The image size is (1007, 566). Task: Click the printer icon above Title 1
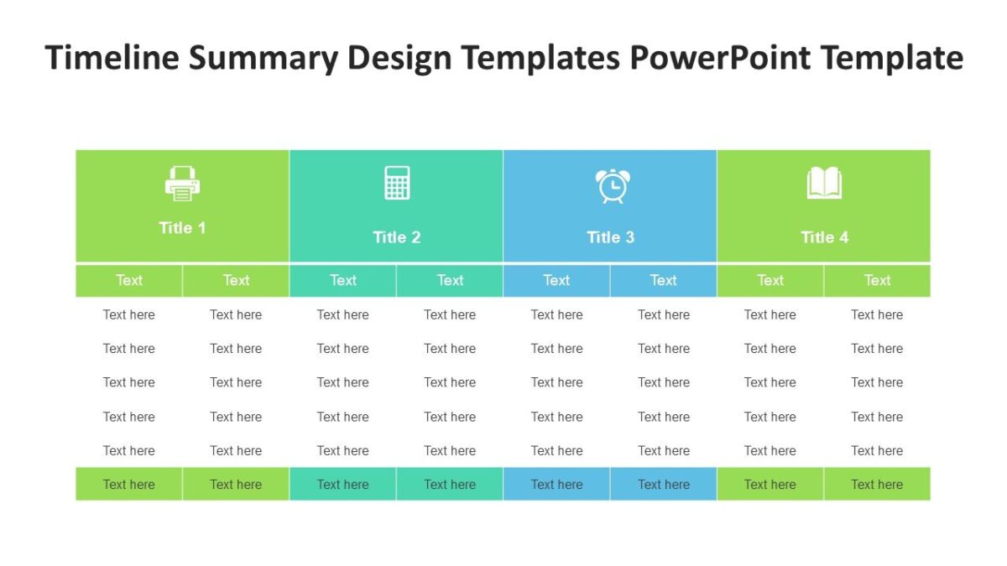point(182,184)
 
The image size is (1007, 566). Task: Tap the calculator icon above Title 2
point(397,183)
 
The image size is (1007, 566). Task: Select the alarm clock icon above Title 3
point(611,185)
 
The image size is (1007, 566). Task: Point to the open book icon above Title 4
point(824,183)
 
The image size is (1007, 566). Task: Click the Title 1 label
point(182,228)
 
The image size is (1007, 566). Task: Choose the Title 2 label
point(397,237)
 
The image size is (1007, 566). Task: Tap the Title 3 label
point(611,237)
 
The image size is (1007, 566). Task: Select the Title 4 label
point(824,237)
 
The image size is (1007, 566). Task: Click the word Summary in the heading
point(262,59)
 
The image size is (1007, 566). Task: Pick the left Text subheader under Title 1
point(129,281)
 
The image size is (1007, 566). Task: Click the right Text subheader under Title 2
point(450,281)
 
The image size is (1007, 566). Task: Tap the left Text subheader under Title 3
point(556,281)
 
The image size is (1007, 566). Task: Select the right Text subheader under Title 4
point(877,281)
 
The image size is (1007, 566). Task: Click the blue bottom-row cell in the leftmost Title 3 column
point(556,485)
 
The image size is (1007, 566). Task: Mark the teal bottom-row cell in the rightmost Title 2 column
point(450,485)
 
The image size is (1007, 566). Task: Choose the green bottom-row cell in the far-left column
point(129,485)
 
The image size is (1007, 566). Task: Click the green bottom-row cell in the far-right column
point(877,485)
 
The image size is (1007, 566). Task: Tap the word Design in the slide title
point(399,59)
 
